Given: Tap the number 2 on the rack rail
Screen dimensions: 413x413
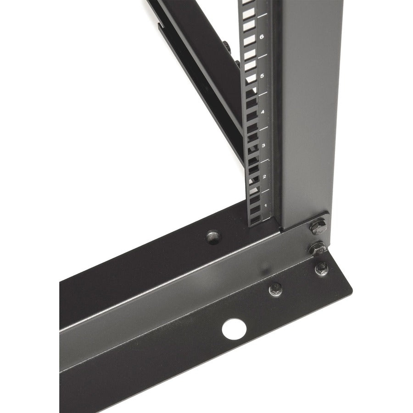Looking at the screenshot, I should click(265, 176).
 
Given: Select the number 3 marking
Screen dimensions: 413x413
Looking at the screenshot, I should click(263, 145).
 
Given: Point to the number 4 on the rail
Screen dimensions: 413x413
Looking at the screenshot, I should click(262, 112).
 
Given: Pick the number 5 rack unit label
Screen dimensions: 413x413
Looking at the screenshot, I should click(262, 76).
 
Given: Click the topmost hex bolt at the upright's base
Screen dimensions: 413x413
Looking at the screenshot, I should click(318, 227).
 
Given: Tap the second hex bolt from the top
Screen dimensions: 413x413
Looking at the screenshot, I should click(317, 249).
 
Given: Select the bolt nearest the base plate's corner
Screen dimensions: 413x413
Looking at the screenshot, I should click(322, 269).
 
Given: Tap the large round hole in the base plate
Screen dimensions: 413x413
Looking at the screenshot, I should click(234, 329).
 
